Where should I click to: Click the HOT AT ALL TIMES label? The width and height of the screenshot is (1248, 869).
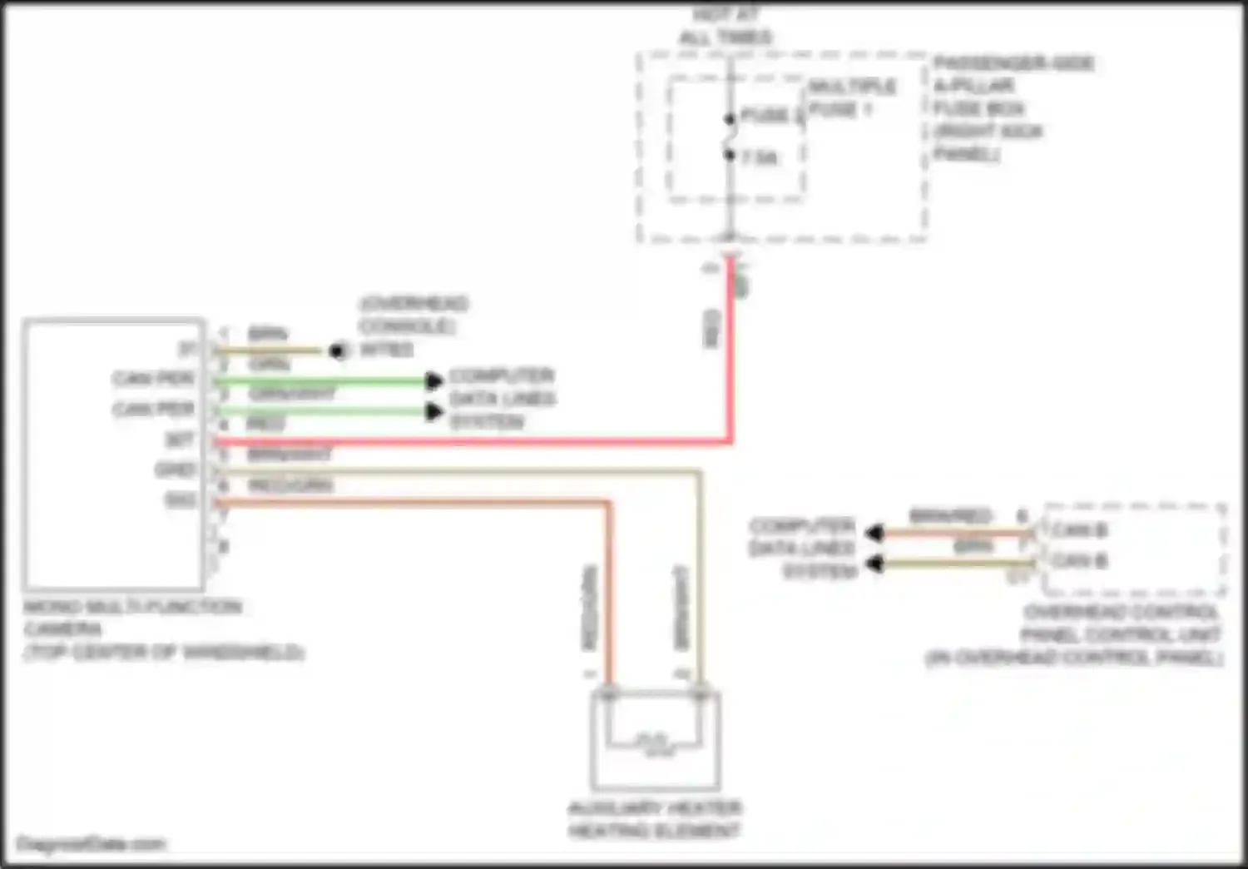click(x=726, y=26)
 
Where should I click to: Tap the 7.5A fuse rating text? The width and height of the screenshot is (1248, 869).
click(x=760, y=157)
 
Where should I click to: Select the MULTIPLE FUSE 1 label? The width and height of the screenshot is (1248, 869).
click(x=851, y=97)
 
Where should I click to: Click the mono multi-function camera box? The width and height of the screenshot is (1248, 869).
click(x=113, y=454)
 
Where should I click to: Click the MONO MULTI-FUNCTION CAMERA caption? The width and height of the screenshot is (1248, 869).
click(x=163, y=629)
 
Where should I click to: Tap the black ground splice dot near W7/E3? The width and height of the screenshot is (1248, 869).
click(x=338, y=350)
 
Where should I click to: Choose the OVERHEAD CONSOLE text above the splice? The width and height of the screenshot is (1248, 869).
click(x=413, y=314)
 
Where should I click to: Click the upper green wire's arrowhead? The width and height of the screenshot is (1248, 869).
click(x=434, y=381)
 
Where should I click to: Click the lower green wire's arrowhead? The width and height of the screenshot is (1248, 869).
click(x=434, y=411)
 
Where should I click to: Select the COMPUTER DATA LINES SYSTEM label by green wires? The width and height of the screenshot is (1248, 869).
click(x=501, y=399)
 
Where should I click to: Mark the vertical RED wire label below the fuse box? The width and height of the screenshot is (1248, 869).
click(x=711, y=329)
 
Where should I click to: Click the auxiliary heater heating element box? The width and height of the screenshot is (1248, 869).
click(x=655, y=739)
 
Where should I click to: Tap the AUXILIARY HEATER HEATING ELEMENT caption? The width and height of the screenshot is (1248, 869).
click(x=654, y=819)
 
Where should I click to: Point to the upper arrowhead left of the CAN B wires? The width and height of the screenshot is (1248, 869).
click(x=874, y=533)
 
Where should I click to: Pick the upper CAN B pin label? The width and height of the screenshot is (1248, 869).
click(x=1078, y=530)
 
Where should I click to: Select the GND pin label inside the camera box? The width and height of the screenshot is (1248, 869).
click(x=175, y=469)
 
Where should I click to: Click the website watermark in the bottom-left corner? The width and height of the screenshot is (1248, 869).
click(x=92, y=845)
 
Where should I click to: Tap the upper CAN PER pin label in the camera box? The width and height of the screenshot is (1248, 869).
click(x=154, y=380)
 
